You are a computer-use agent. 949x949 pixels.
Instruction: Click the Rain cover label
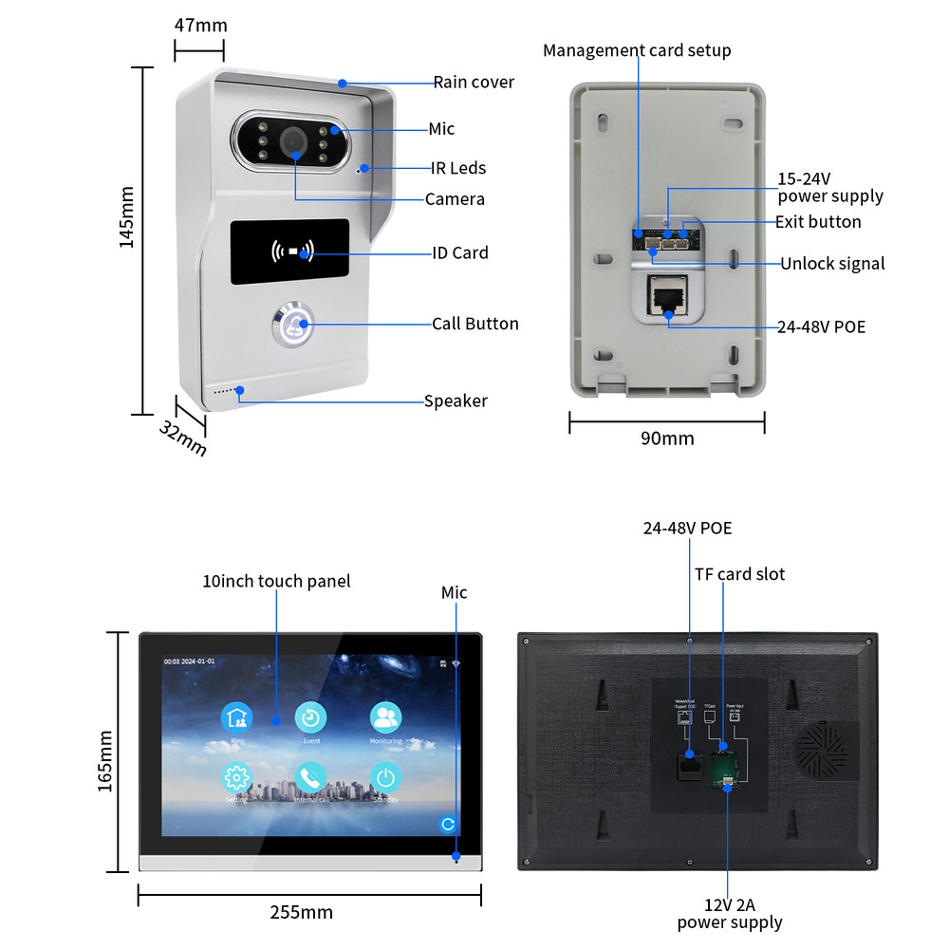[x=474, y=82]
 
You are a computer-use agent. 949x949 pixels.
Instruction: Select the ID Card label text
[x=460, y=252]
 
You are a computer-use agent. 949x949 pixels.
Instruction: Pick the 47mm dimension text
[x=199, y=24]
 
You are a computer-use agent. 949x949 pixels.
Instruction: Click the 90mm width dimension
[x=666, y=438]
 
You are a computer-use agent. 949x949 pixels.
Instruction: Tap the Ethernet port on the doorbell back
[x=667, y=295]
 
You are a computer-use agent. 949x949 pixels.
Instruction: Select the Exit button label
[x=818, y=222]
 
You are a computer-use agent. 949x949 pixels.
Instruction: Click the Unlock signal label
[x=832, y=264]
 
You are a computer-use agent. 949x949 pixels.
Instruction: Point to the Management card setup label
[x=637, y=50]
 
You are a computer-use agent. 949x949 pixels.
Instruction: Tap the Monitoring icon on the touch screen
[x=385, y=718]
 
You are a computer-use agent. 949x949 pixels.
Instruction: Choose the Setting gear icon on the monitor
[x=236, y=778]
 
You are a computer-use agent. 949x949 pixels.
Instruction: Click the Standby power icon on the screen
[x=384, y=778]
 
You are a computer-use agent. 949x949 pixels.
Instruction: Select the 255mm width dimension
[x=302, y=913]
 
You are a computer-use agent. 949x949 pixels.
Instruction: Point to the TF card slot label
[x=739, y=573]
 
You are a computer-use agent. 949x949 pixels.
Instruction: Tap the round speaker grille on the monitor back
[x=824, y=750]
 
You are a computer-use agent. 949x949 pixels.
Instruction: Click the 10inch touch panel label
[x=276, y=581]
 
